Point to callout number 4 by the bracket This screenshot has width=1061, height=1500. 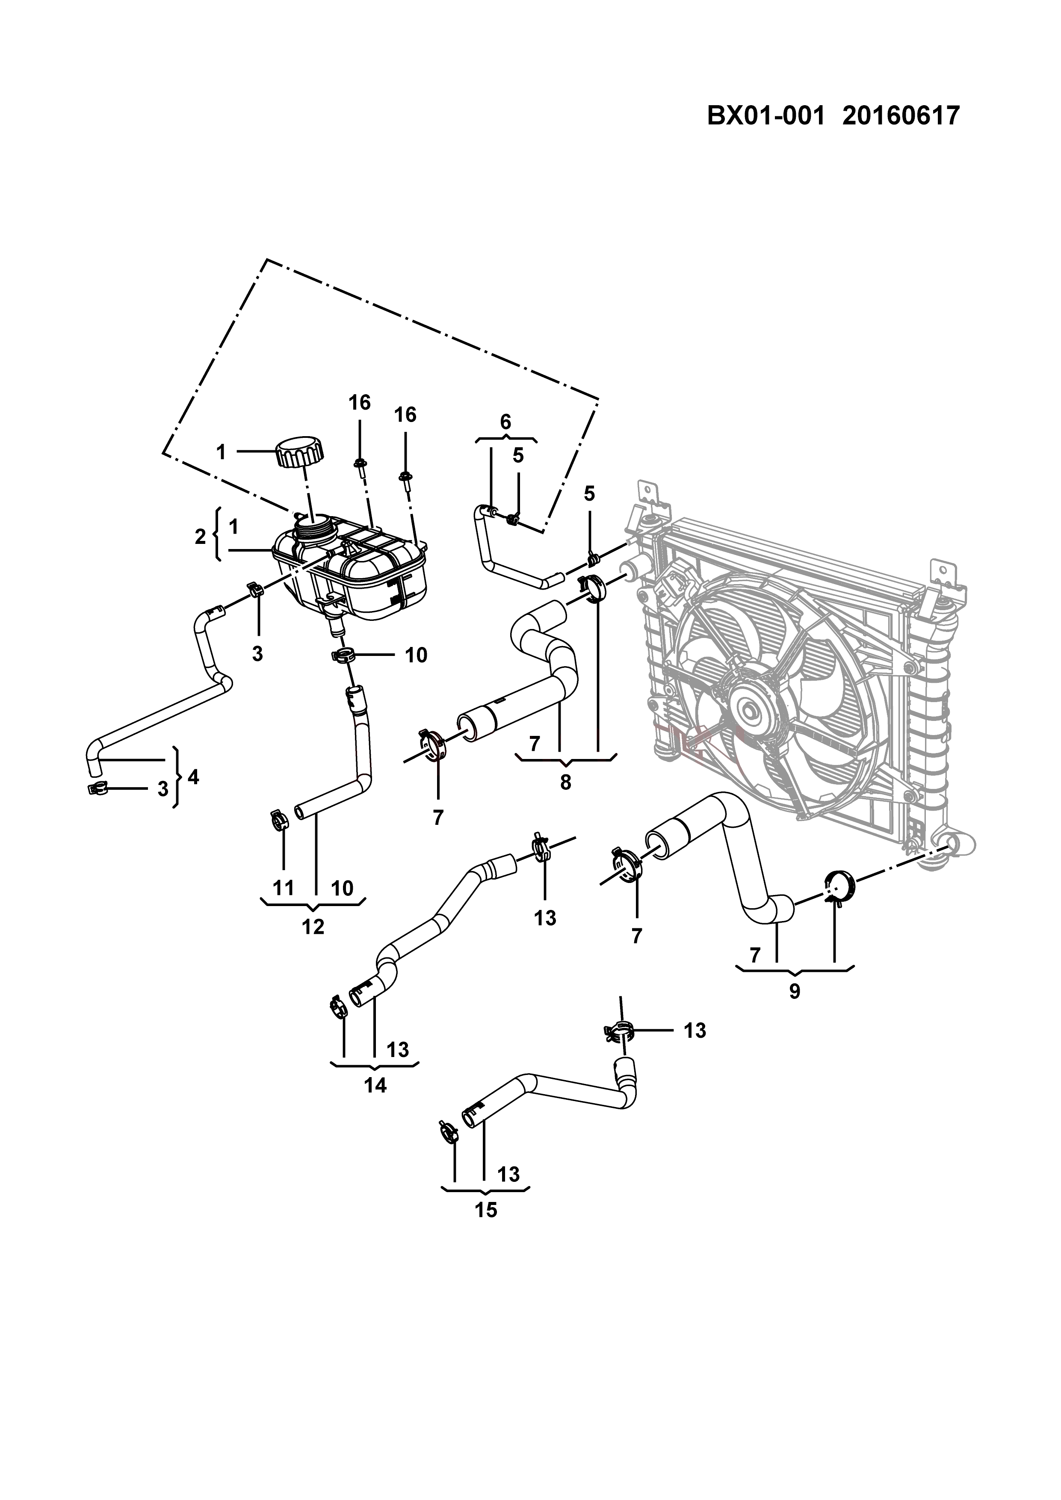coord(193,777)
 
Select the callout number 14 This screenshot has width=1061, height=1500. coord(375,1085)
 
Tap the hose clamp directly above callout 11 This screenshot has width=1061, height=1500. coord(279,818)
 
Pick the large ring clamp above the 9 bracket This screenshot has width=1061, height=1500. coord(839,885)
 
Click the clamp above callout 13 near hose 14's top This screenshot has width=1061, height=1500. coord(541,848)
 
